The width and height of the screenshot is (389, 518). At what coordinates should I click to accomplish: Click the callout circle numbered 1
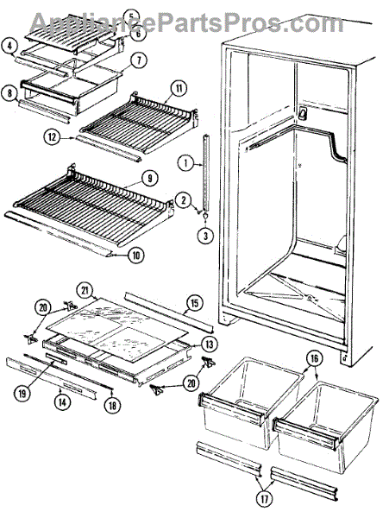pos(186,163)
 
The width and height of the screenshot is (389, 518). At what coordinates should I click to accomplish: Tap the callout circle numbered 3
pos(206,236)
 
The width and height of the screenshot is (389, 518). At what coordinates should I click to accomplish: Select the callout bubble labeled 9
pos(149,179)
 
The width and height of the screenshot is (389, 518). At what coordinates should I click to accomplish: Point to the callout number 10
pos(136,255)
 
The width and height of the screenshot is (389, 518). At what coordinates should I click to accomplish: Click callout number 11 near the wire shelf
pos(179,88)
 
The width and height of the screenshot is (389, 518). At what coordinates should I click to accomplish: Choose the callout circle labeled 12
pos(52,136)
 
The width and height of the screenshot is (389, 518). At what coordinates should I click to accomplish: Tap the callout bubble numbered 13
pos(210,344)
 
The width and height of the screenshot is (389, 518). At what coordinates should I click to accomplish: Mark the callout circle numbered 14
pos(63,402)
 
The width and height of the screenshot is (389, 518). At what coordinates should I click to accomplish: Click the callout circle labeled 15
pos(194,303)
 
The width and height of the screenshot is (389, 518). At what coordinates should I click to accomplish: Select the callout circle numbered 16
pos(315,358)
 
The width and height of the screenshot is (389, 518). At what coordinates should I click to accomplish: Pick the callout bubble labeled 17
pos(265,499)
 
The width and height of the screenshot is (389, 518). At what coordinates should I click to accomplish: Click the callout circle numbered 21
pos(85,291)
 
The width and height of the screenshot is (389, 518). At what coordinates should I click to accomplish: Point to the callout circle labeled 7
pos(139,60)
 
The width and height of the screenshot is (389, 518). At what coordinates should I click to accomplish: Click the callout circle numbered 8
pos(9,93)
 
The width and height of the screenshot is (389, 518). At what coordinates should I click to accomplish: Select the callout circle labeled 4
pos(9,46)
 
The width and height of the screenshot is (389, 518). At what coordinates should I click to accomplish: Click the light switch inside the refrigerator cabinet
pos(302,113)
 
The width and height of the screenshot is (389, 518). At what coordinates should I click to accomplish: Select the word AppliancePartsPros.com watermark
pos(187,22)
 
